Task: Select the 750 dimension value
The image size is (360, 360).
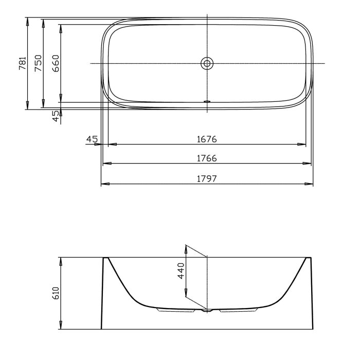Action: (x=39, y=63)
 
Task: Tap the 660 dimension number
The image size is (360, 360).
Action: (x=56, y=63)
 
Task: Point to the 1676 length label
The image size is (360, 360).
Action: (x=207, y=139)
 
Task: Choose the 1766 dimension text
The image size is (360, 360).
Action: (x=207, y=158)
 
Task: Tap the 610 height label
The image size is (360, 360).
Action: (x=56, y=293)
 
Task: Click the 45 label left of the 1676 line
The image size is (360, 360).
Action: (x=92, y=139)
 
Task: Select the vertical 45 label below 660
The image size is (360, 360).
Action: (x=56, y=116)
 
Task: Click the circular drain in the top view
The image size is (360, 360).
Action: (x=207, y=63)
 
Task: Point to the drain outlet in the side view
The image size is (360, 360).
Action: (x=207, y=311)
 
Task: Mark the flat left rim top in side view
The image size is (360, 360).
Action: (x=107, y=257)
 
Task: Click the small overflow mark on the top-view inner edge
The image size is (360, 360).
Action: (x=207, y=101)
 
